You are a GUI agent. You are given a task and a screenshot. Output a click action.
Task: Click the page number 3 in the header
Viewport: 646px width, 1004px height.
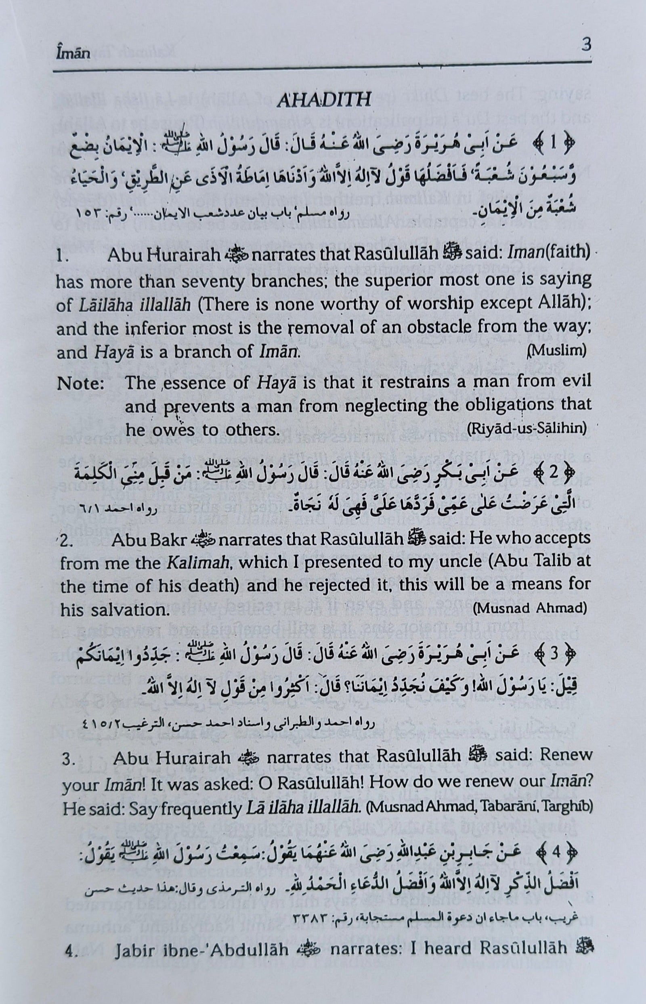[x=586, y=44]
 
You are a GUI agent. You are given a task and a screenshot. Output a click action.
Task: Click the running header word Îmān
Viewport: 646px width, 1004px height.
[x=73, y=54]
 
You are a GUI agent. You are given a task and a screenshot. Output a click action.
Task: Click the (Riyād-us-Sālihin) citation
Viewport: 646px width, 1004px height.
[x=526, y=429]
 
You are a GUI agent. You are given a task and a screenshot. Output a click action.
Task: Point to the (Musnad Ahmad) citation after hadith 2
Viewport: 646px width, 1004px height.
[x=529, y=609]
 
